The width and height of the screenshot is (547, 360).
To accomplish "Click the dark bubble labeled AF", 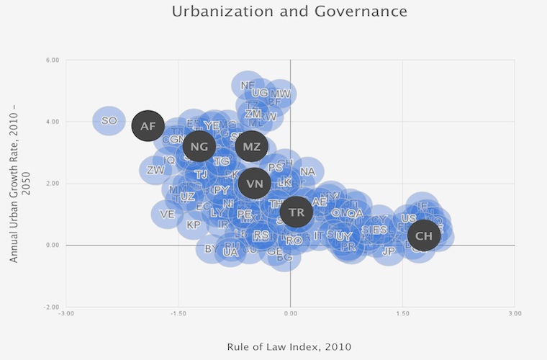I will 148,126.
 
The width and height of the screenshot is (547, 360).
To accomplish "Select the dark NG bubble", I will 199,147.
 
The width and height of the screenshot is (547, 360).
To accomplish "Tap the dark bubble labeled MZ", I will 251,147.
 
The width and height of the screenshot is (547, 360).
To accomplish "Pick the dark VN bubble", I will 255,184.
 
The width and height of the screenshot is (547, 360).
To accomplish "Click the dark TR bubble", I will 296,212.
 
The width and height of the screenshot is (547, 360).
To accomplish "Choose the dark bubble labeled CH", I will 424,235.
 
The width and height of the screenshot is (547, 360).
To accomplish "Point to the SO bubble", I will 109,121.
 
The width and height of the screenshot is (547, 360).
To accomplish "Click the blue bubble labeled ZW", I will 155,171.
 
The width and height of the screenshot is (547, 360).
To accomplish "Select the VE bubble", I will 168,214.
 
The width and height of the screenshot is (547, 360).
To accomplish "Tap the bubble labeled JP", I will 389,251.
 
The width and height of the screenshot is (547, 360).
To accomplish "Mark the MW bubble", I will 280,94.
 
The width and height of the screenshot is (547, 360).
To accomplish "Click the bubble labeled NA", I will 307,171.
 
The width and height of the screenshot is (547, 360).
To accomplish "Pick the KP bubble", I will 193,225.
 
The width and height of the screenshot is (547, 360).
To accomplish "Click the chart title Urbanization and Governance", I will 289,12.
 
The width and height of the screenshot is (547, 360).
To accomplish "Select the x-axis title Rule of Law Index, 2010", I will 289,346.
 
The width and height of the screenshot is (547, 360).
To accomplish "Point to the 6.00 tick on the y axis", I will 52,60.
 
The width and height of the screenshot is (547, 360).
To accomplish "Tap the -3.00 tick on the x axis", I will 66,314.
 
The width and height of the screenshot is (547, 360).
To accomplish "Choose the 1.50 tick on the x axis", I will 402,314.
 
